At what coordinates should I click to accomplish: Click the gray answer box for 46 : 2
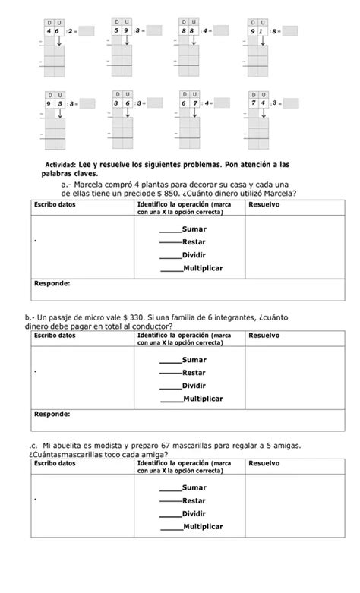pyautogui.click(x=87, y=32)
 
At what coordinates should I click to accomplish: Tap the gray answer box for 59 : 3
pyautogui.click(x=155, y=31)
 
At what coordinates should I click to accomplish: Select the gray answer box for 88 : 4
pyautogui.click(x=223, y=31)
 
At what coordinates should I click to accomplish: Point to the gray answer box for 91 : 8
pyautogui.click(x=291, y=31)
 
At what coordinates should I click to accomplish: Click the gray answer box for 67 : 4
pyautogui.click(x=223, y=103)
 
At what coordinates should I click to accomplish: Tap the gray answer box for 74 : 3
pyautogui.click(x=291, y=103)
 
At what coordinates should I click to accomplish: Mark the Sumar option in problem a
pyautogui.click(x=194, y=229)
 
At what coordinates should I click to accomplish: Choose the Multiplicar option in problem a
pyautogui.click(x=203, y=268)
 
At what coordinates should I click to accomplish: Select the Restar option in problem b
pyautogui.click(x=194, y=373)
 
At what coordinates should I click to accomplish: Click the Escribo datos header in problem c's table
pyautogui.click(x=55, y=462)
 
